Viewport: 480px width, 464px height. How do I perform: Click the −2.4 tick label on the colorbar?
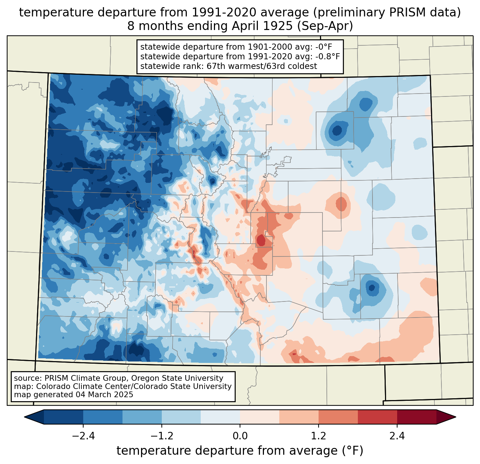pos(83,436)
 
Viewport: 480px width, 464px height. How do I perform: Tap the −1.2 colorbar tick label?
pos(161,436)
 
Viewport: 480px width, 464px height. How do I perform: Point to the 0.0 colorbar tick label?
pos(240,436)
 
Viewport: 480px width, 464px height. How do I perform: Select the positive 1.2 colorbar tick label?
pos(319,436)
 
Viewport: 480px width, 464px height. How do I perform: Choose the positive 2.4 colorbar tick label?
pos(397,436)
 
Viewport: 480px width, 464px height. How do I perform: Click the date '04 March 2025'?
pos(104,395)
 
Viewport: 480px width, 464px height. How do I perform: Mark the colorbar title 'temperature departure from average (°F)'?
pos(240,451)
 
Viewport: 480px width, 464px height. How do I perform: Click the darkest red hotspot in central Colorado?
pos(261,240)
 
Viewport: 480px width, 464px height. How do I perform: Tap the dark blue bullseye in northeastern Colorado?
pos(336,129)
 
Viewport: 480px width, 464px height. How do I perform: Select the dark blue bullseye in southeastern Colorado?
pos(372,287)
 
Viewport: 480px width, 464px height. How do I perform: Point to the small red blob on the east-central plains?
pos(341,204)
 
